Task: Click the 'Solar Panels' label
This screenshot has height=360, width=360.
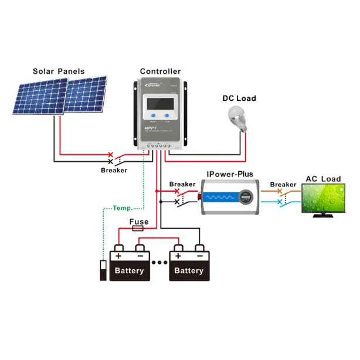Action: click(x=59, y=72)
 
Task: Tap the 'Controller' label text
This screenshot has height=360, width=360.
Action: click(x=160, y=72)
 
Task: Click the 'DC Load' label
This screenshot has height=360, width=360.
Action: click(x=239, y=98)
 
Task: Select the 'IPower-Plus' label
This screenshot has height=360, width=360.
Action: click(x=230, y=174)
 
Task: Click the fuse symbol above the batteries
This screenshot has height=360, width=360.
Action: click(x=138, y=229)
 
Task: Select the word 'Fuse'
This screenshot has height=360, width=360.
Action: click(x=138, y=222)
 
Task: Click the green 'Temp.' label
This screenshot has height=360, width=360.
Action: click(x=123, y=208)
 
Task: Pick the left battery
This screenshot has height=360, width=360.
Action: click(x=130, y=266)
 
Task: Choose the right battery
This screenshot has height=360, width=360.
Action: click(x=189, y=266)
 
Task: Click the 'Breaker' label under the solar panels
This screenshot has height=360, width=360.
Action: click(x=114, y=170)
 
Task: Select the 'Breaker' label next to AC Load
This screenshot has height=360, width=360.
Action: click(x=283, y=185)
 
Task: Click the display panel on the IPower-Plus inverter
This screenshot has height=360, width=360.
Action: click(x=247, y=196)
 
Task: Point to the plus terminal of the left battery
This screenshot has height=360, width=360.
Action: click(x=118, y=256)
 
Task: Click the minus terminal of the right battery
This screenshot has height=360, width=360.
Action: click(x=200, y=256)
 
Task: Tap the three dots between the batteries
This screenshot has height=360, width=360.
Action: click(x=159, y=263)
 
